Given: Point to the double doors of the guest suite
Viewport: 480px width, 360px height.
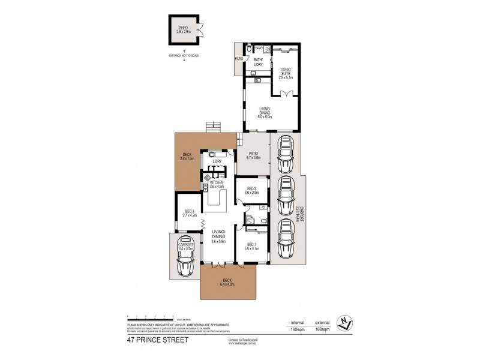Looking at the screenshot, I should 286,92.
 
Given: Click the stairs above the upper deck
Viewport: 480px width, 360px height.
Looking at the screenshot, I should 213,127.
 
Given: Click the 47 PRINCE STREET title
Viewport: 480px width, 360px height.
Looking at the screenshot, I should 157,340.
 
